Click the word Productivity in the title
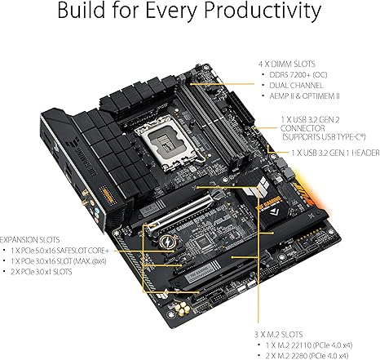pyautogui.click(x=254, y=13)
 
